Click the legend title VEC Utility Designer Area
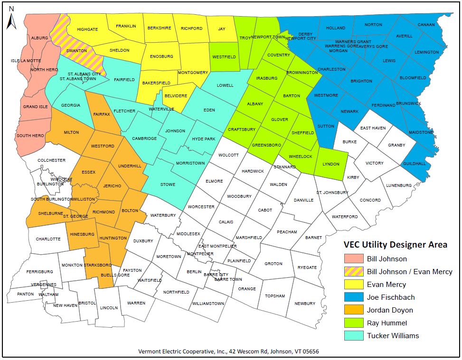(395, 245)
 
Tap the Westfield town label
(224, 56)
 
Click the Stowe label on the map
(168, 185)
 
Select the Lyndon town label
(331, 164)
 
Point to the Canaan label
(426, 25)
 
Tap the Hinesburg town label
(82, 234)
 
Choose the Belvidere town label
(176, 95)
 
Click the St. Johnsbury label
(332, 193)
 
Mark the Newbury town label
(304, 304)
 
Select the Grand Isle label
(34, 106)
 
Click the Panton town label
(25, 294)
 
